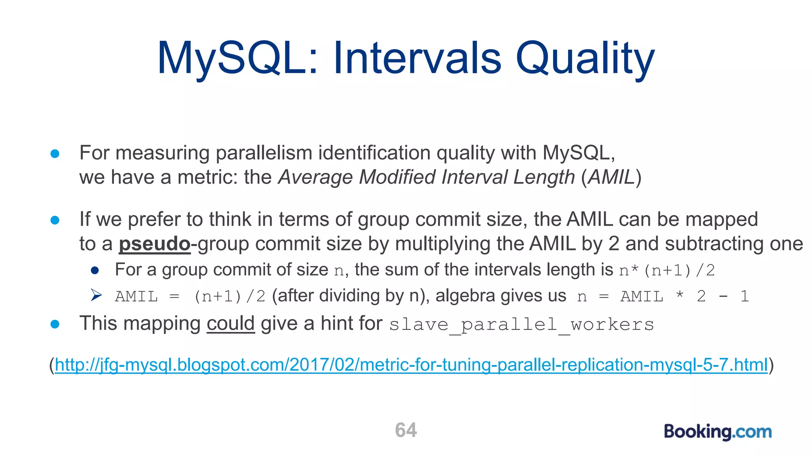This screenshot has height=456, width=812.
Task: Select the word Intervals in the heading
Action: click(x=417, y=59)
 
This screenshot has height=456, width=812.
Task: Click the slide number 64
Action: click(x=406, y=430)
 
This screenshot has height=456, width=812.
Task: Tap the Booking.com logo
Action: click(x=718, y=431)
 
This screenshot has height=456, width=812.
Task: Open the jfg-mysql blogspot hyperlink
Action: click(x=411, y=365)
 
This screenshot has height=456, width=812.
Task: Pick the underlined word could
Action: click(x=230, y=323)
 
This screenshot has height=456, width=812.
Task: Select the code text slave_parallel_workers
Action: click(x=521, y=325)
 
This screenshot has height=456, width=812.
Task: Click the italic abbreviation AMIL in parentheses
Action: click(x=611, y=177)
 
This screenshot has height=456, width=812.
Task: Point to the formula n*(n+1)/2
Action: click(x=667, y=270)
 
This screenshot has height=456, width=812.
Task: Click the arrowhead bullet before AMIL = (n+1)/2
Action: click(x=96, y=295)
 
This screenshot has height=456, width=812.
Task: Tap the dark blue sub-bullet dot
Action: click(x=95, y=270)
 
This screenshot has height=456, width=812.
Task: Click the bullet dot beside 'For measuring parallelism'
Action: click(x=55, y=154)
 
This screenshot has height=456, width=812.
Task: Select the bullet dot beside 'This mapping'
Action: click(x=55, y=324)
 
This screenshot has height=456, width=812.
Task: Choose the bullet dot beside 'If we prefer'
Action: click(x=55, y=220)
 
